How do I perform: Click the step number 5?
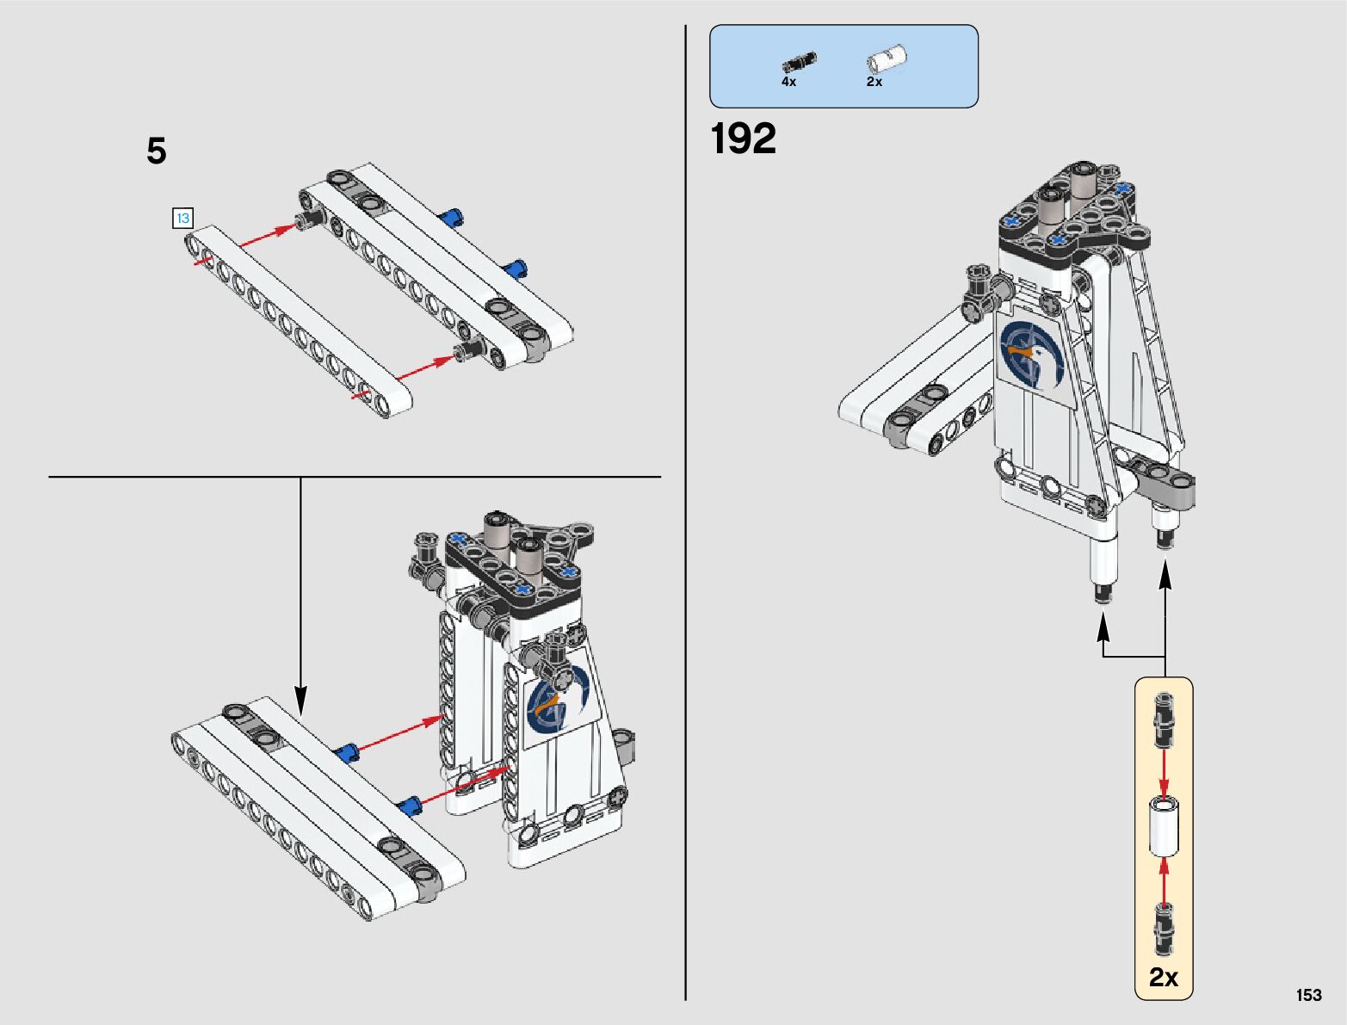coord(157,151)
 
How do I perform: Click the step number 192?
coord(743,139)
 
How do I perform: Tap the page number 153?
coord(1309,995)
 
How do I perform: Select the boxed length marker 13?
coord(182,219)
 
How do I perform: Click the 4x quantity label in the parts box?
coord(788,82)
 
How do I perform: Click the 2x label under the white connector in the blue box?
coord(874,82)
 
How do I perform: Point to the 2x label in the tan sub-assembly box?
coord(1164,978)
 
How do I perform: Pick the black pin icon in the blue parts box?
coord(799,62)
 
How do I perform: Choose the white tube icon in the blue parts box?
coord(887,59)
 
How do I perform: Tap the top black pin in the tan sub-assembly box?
coord(1164,720)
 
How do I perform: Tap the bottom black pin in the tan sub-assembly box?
coord(1164,930)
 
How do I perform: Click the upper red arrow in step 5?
coord(268,236)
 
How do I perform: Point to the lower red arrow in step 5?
coord(425,369)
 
